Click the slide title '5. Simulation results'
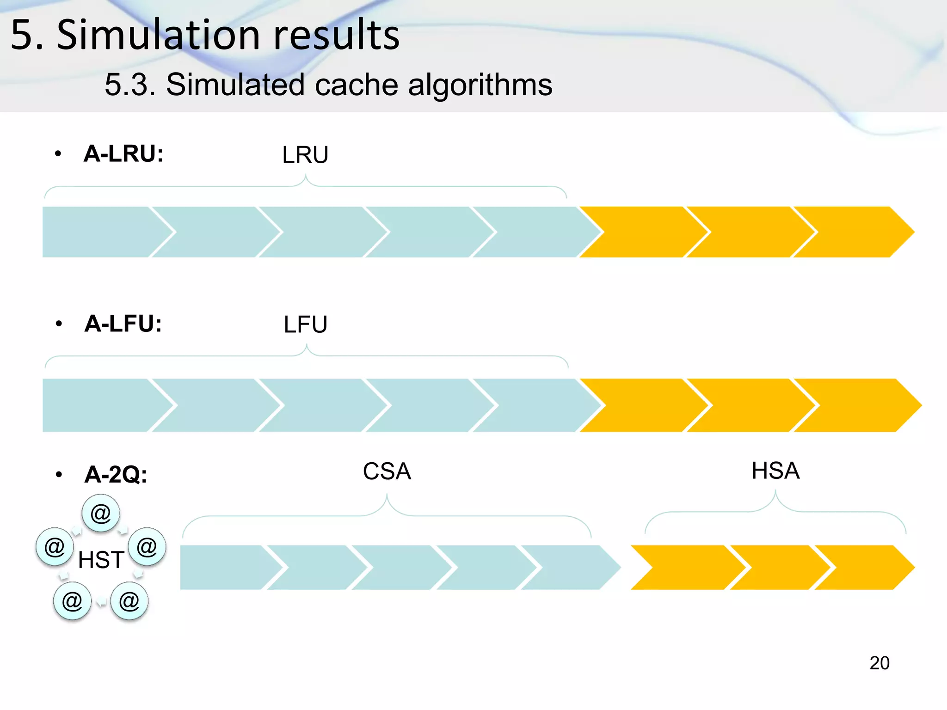click(205, 35)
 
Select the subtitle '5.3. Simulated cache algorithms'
click(328, 85)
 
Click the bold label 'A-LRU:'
click(123, 153)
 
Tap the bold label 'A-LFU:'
click(123, 323)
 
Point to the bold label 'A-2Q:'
click(116, 474)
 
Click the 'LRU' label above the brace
click(305, 155)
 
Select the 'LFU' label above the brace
click(305, 324)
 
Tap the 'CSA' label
click(387, 471)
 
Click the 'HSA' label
click(775, 471)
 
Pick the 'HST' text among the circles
click(101, 560)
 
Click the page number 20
click(879, 663)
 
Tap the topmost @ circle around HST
click(101, 513)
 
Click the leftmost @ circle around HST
click(55, 547)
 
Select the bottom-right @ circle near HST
click(129, 601)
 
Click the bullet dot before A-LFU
click(58, 324)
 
